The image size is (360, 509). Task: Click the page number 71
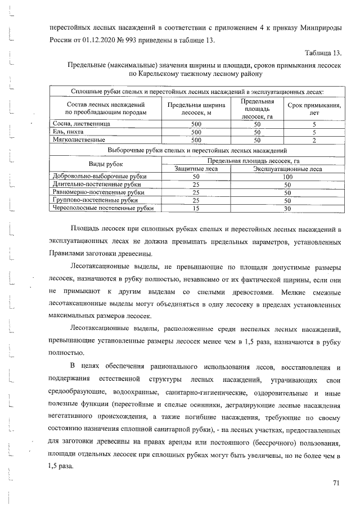click(336, 483)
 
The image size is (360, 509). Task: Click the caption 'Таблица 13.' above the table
click(323, 53)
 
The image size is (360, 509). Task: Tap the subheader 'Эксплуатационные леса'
click(287, 168)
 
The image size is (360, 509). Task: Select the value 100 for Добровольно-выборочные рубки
click(287, 176)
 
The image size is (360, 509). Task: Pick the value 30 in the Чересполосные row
click(287, 208)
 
